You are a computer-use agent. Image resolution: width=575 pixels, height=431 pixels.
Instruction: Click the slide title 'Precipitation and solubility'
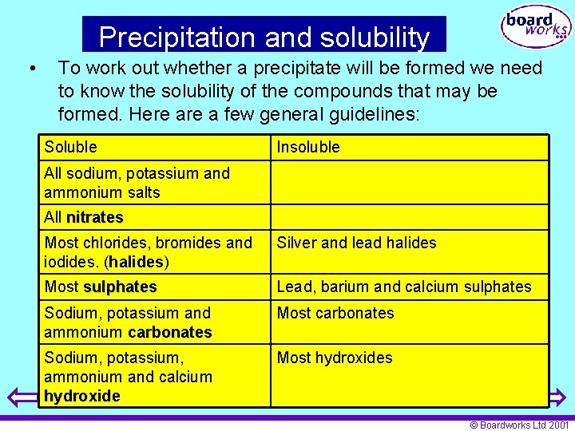[264, 37]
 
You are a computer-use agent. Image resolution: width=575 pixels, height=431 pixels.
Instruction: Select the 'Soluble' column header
[70, 147]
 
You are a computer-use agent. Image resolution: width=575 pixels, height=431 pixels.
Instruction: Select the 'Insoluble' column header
[308, 147]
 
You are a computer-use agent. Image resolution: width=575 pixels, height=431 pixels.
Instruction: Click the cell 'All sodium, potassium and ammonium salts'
[137, 183]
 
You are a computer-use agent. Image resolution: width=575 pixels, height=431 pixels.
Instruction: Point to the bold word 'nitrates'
[95, 217]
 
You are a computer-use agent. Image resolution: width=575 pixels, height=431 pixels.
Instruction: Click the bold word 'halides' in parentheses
[137, 262]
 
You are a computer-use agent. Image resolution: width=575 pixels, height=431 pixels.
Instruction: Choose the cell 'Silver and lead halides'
[356, 243]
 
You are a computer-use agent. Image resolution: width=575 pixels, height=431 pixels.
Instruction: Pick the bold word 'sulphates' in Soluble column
[120, 287]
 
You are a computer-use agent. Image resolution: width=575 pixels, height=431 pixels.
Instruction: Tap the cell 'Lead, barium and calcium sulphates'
[403, 287]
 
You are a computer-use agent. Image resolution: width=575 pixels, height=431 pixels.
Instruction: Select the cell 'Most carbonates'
[335, 313]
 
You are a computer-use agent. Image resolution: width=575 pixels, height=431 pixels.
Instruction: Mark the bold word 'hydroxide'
[81, 396]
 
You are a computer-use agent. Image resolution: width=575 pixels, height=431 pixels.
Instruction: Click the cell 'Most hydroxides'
[335, 358]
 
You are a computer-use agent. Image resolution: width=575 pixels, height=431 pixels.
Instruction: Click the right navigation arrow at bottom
[557, 397]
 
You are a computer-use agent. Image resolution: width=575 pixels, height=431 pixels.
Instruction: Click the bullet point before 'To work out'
[30, 69]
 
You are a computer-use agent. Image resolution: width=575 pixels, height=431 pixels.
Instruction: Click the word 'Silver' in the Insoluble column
[296, 243]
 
